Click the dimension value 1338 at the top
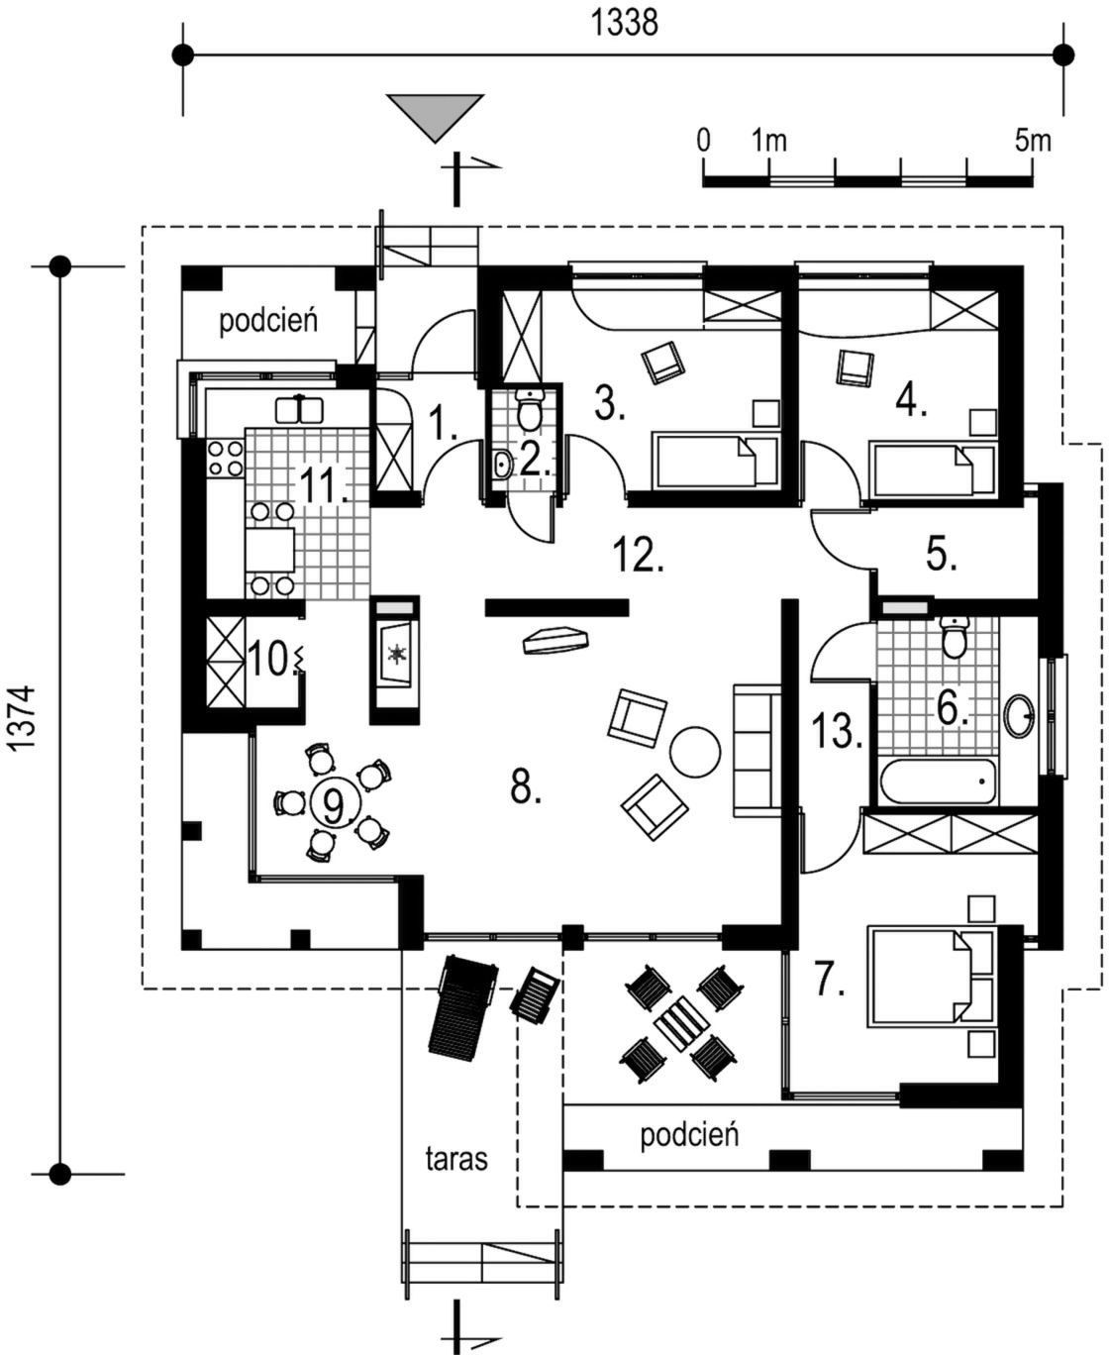[625, 22]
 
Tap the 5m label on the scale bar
[1032, 141]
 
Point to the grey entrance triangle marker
[435, 114]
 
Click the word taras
[456, 1158]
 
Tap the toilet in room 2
[531, 407]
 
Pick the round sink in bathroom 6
[1019, 713]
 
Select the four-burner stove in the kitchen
[225, 458]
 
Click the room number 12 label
[637, 556]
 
